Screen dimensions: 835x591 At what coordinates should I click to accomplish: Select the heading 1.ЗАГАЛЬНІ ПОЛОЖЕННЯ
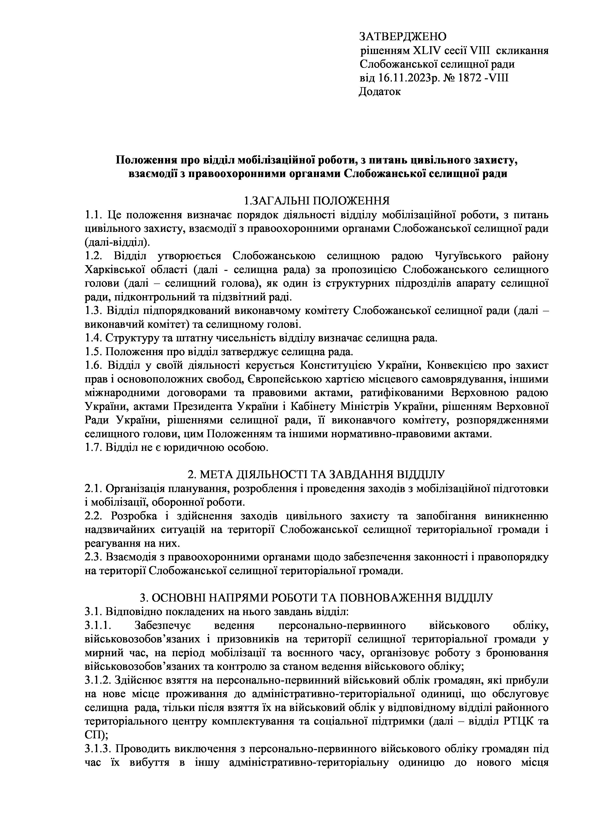click(x=316, y=201)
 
